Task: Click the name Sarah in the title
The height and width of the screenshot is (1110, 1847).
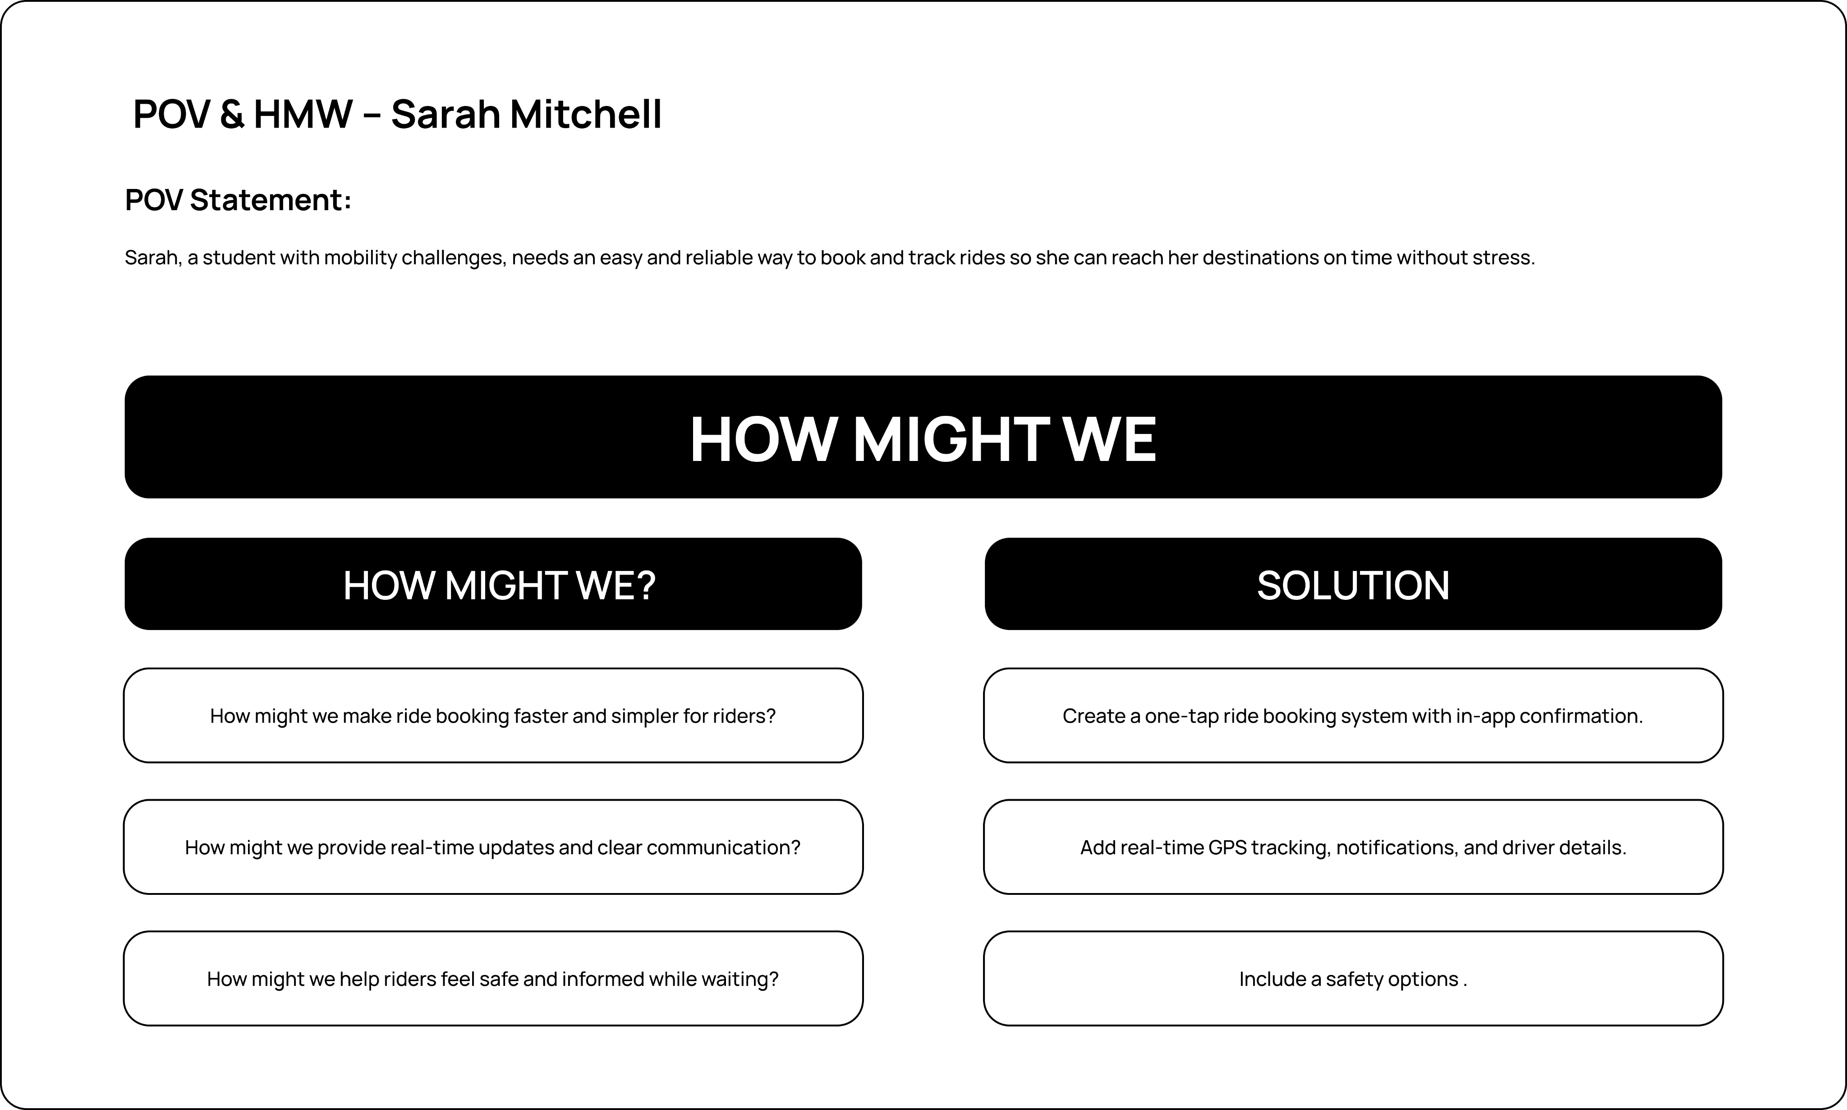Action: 445,115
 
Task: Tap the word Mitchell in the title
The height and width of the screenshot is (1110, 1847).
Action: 585,115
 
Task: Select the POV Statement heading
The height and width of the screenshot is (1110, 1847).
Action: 238,200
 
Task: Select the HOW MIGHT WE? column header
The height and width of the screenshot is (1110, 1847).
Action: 499,585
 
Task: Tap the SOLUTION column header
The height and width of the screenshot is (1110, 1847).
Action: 1353,585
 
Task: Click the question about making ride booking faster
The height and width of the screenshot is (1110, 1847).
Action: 493,716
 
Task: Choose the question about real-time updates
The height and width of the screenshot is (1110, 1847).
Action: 493,847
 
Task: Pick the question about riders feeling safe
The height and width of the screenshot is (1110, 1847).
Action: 493,979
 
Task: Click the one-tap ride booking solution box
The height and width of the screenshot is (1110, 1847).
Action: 1353,716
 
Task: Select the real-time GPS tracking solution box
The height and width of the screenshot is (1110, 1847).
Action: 1353,847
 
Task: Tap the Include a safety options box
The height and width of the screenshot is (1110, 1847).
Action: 1353,979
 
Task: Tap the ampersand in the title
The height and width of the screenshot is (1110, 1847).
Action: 233,115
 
